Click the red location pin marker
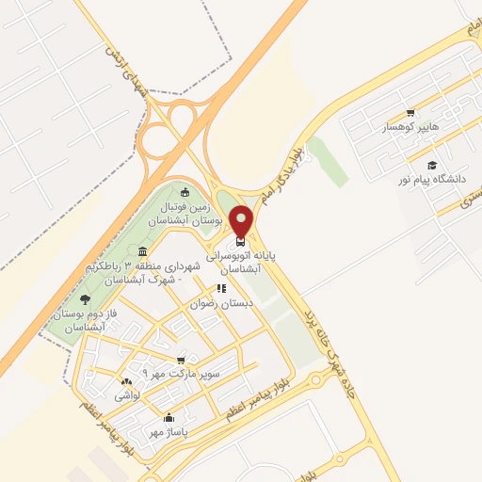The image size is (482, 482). pyautogui.click(x=241, y=221)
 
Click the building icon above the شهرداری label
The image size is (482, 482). pyautogui.click(x=142, y=251)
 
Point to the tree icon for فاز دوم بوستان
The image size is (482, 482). pyautogui.click(x=85, y=300)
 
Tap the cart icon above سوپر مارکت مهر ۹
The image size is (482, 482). pyautogui.click(x=182, y=360)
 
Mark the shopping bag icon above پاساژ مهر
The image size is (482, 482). pyautogui.click(x=169, y=417)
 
